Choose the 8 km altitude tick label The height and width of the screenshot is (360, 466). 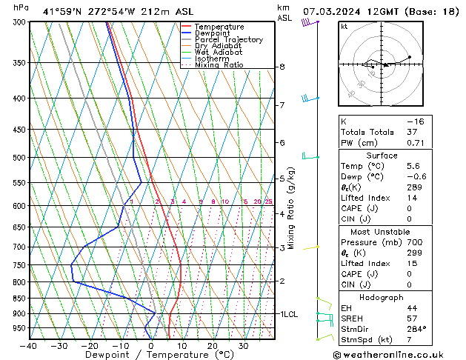282,67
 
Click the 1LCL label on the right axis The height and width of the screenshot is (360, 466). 288,314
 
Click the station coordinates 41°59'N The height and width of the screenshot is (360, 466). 64,11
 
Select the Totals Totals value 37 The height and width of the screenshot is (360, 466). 413,132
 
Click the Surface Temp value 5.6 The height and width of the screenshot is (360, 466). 413,167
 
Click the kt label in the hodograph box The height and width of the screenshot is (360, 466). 344,27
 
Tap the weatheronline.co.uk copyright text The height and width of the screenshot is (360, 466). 393,355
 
